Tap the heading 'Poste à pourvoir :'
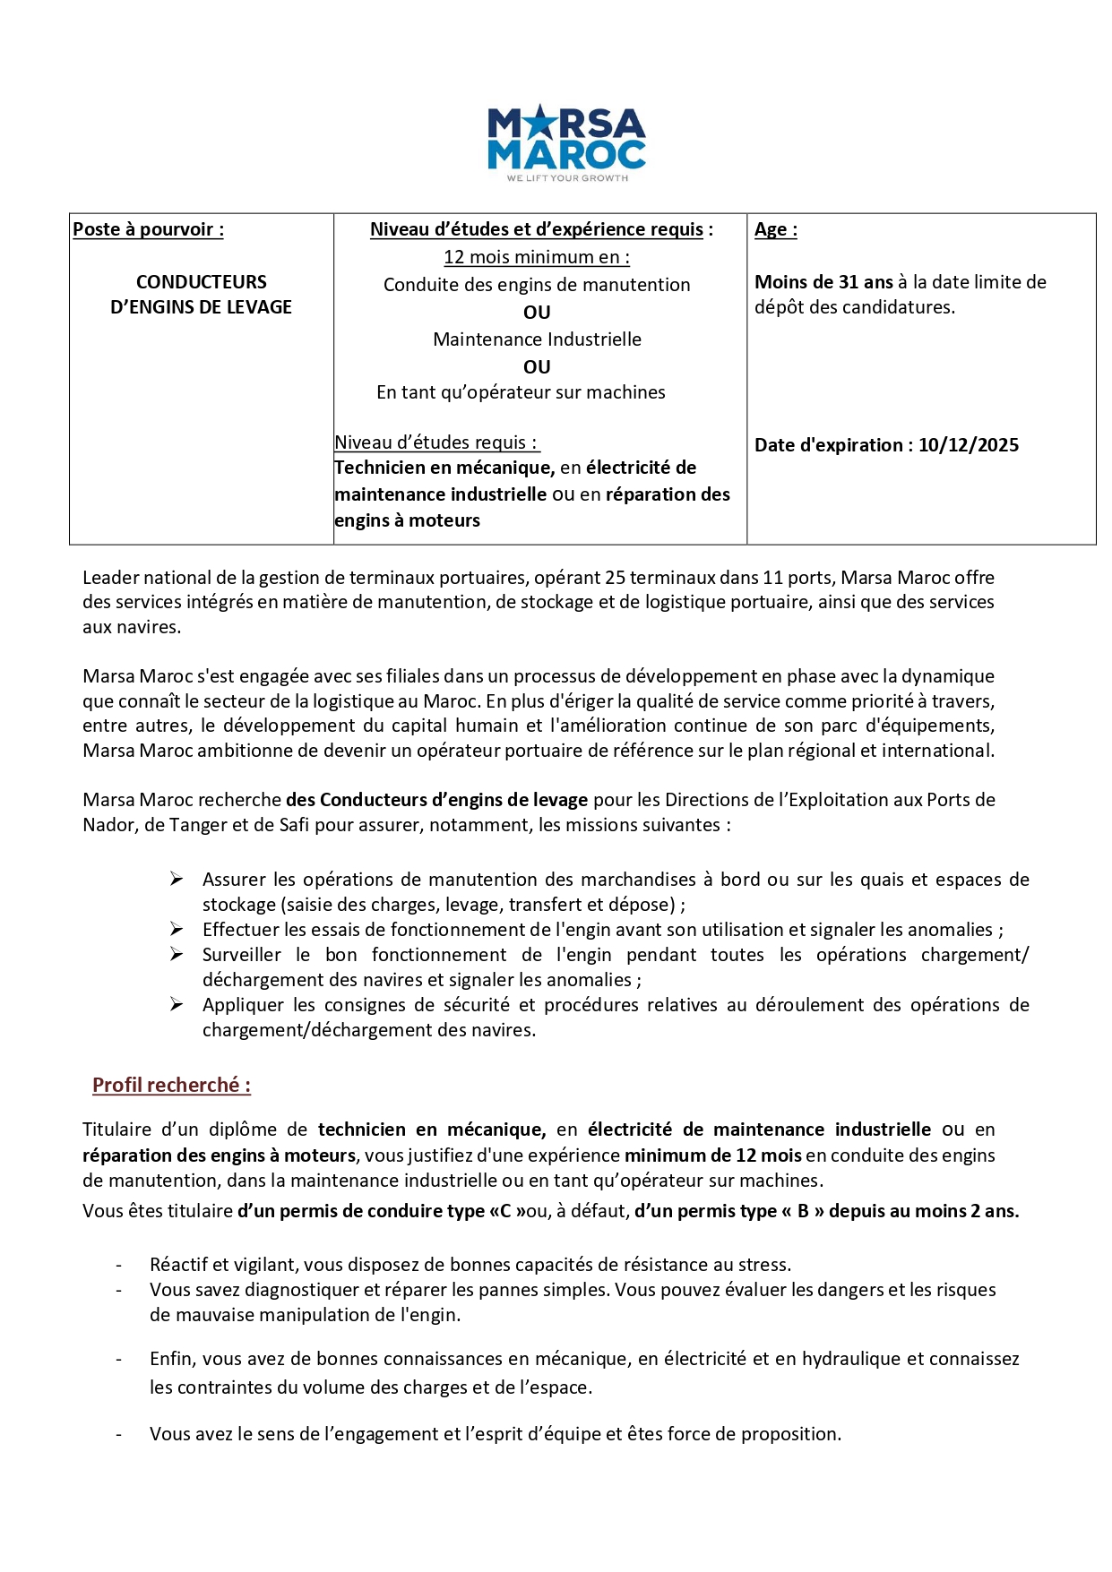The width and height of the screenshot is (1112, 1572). tap(148, 229)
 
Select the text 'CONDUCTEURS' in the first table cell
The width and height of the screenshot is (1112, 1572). tap(201, 282)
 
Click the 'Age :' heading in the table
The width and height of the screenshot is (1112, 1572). tap(775, 229)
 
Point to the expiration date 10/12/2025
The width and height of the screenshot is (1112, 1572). tap(968, 445)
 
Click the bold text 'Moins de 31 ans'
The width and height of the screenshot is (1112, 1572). tap(823, 282)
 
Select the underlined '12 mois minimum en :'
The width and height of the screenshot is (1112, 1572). tap(537, 257)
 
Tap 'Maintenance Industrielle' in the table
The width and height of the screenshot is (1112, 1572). tap(537, 339)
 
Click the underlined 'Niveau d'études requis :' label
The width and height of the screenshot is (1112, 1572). tap(436, 442)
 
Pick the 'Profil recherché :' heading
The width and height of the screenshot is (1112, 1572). tap(171, 1086)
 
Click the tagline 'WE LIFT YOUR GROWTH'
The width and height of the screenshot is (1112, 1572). tap(567, 178)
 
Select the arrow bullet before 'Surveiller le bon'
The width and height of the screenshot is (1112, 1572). tap(177, 955)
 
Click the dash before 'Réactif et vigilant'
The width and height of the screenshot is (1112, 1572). tap(118, 1265)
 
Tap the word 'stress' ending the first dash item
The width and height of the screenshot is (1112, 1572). tap(763, 1265)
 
